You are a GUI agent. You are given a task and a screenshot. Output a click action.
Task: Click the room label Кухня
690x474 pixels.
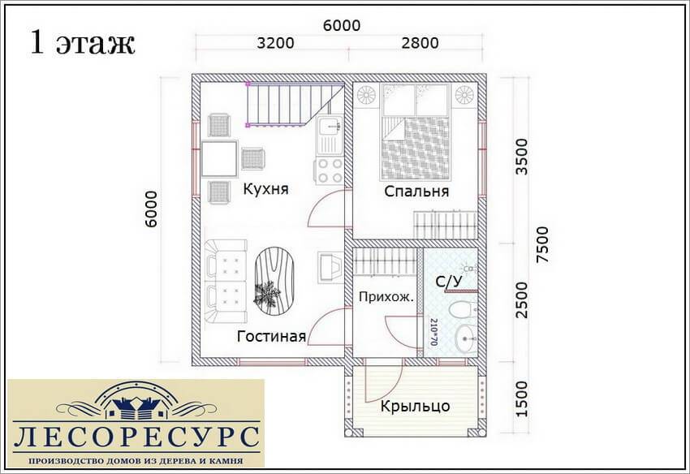[265, 189]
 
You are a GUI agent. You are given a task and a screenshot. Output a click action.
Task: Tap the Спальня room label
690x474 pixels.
[416, 192]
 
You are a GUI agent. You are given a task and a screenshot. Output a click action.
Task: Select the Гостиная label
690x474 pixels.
[271, 336]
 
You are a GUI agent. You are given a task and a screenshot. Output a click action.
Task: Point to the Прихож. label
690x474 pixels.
[386, 296]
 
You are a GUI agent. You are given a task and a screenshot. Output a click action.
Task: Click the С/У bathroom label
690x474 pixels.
[449, 282]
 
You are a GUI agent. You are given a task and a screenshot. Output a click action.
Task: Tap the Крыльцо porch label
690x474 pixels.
[415, 405]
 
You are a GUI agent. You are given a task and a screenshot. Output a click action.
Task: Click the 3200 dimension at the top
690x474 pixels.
[275, 43]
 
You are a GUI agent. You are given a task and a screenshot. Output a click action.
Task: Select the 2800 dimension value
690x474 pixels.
[420, 43]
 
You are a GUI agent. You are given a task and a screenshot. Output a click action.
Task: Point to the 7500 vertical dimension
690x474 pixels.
[543, 244]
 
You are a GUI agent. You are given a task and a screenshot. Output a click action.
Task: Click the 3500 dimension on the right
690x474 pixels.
[521, 157]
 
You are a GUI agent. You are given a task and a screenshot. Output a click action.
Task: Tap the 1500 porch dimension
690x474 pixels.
[520, 399]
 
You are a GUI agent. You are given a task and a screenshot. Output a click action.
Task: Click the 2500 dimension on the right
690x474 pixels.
[521, 300]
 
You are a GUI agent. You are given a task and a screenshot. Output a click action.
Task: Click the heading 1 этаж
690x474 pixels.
[82, 43]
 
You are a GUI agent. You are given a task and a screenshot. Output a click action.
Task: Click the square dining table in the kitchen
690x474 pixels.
[219, 158]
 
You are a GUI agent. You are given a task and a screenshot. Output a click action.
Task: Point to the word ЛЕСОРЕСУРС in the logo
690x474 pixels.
[136, 437]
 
